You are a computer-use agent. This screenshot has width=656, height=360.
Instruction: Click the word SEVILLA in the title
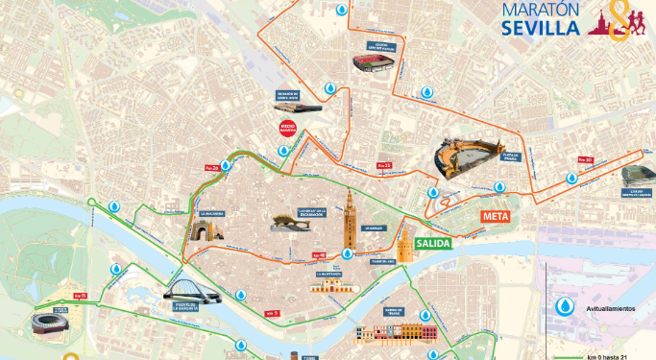tap(541, 27)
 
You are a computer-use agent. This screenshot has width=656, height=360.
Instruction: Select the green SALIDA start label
tap(433, 244)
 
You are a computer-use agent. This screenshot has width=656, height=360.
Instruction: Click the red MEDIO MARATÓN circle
tap(286, 129)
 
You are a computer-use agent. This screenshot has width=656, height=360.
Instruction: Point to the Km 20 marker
tap(211, 166)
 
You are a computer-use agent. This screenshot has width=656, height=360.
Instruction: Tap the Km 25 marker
tap(384, 166)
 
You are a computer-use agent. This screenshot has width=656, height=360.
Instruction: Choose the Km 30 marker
tap(584, 159)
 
